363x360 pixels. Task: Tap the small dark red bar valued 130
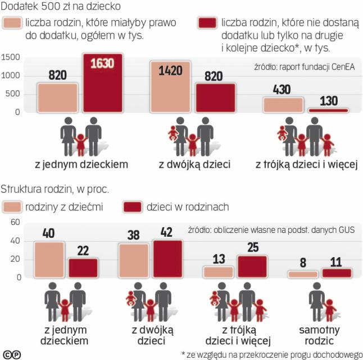click(328, 110)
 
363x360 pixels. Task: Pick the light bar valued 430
click(283, 105)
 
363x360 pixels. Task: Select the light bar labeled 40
click(49, 260)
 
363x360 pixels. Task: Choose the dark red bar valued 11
click(337, 273)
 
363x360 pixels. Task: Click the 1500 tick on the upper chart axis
click(11, 57)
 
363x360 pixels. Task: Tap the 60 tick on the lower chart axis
click(15, 223)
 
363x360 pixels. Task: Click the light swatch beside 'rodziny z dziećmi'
click(12, 207)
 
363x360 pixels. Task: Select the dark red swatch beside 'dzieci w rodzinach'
click(133, 207)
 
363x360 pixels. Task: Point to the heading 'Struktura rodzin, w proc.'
click(55, 189)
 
